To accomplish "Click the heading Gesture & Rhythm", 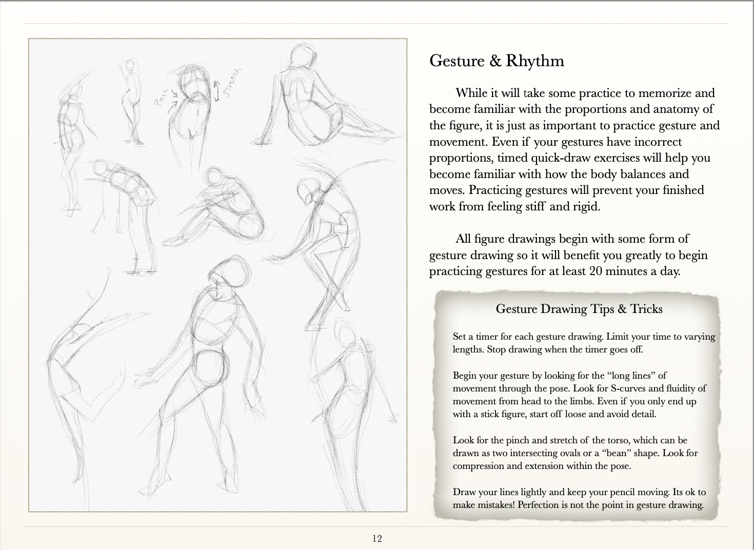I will click(497, 61).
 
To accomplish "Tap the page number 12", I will click(377, 538).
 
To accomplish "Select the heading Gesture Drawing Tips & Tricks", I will click(579, 309).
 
